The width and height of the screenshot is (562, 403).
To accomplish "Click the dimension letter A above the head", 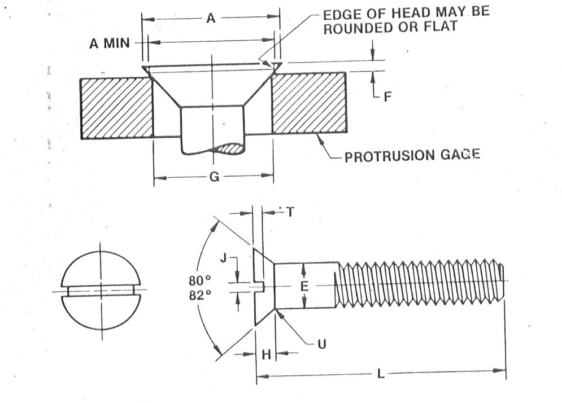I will point(210,18).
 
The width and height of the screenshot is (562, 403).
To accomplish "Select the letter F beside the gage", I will point(387,97).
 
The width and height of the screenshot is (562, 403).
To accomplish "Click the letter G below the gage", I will point(214,177).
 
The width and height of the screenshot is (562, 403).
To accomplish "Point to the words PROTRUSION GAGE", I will point(412,156).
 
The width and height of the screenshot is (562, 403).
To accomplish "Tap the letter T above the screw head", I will point(290,213).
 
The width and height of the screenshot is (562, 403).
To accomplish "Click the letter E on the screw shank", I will point(304,286).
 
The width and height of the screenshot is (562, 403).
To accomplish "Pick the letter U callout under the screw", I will point(321,343).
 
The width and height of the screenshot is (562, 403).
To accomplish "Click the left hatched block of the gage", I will point(116,108).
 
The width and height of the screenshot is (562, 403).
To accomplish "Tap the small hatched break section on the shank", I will point(232,149).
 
